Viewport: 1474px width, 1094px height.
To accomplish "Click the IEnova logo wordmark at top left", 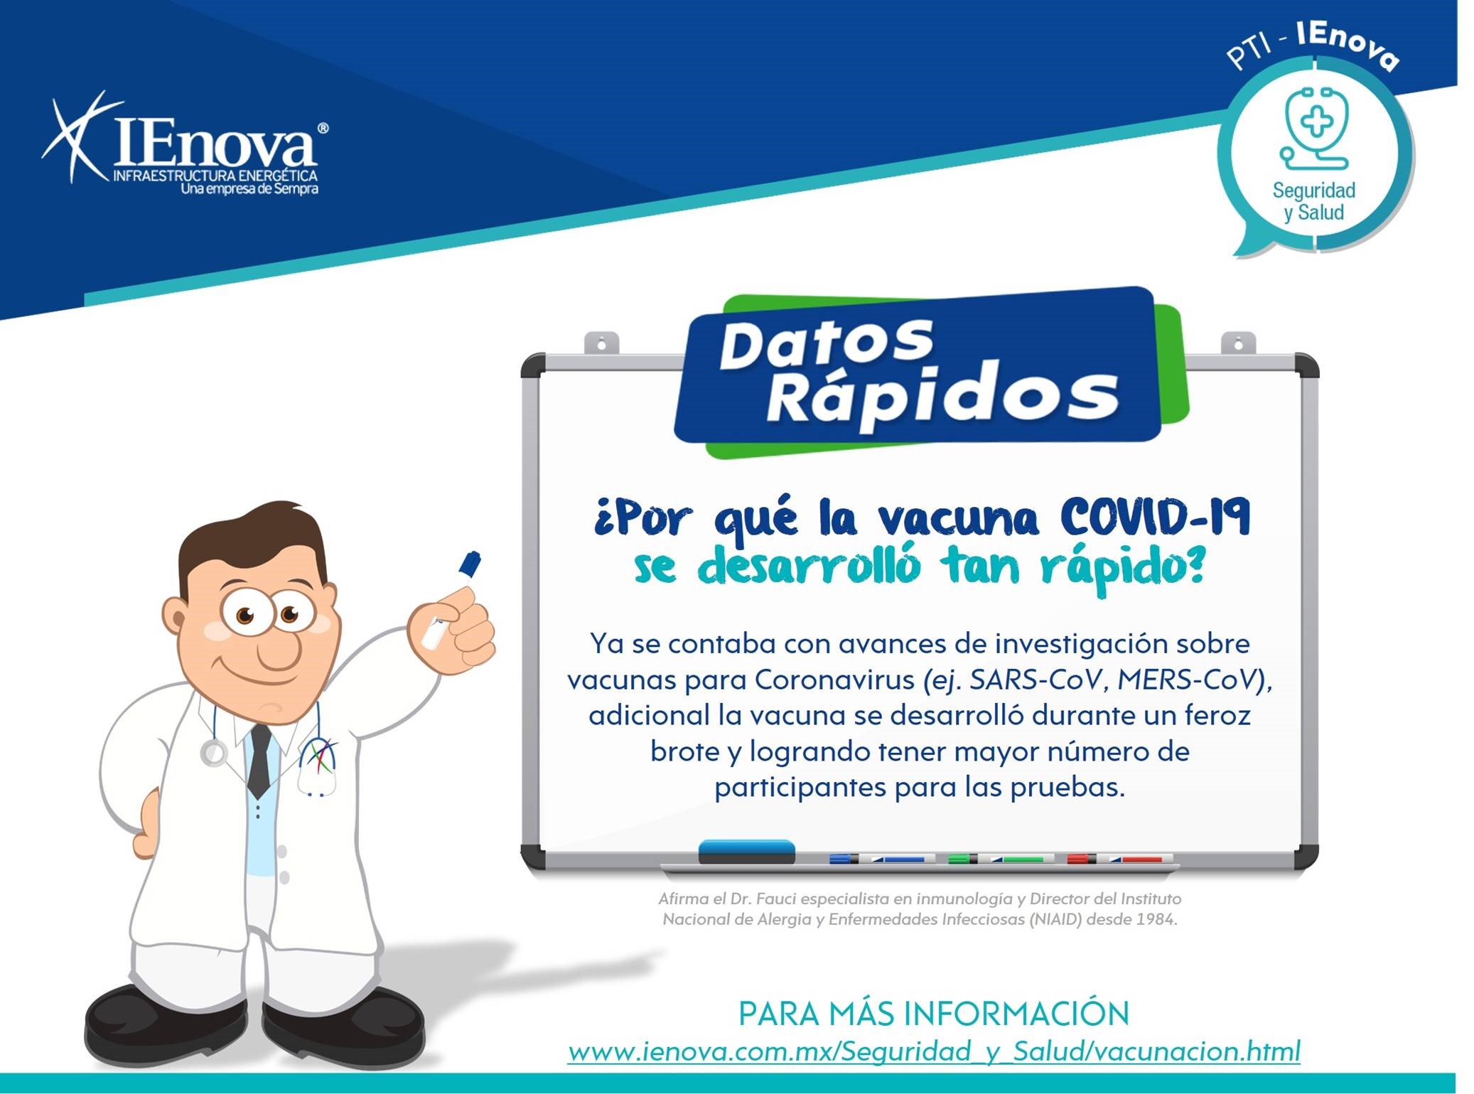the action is pos(185,143).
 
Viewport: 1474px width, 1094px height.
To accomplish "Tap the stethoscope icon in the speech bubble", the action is pos(1315,128).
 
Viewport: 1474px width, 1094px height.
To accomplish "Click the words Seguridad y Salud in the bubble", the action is pos(1313,201).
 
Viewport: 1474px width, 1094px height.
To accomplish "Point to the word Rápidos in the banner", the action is pos(942,395).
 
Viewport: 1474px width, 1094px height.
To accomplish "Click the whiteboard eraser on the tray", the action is pos(746,852).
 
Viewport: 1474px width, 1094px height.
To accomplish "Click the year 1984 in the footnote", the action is pos(1156,920).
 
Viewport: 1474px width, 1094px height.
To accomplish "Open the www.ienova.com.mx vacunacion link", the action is pos(934,1051).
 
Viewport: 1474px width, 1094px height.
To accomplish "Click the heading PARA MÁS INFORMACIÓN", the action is pos(934,1013).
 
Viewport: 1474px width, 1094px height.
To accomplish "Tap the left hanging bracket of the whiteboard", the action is pos(601,343).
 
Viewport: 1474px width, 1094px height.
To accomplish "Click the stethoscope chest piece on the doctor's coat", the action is pos(213,754).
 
